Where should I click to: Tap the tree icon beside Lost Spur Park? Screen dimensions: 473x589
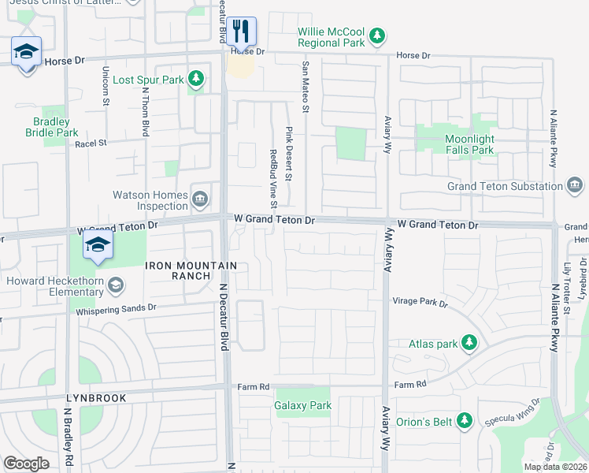[x=196, y=79]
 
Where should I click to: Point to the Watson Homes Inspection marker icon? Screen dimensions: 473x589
[x=200, y=197]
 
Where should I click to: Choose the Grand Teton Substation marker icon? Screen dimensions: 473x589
[x=575, y=186]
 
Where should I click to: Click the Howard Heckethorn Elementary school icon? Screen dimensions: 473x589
[x=115, y=284]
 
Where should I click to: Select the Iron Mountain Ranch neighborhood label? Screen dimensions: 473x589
[x=179, y=270]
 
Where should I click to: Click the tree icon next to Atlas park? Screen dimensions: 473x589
[x=469, y=343]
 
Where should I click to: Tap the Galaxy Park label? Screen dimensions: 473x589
[x=303, y=406]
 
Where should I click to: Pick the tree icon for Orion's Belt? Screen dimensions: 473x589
[x=465, y=421]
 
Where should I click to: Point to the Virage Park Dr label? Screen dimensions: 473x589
[x=420, y=302]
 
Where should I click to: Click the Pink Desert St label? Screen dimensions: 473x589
[x=289, y=154]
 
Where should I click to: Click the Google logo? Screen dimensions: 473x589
[x=27, y=464]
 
